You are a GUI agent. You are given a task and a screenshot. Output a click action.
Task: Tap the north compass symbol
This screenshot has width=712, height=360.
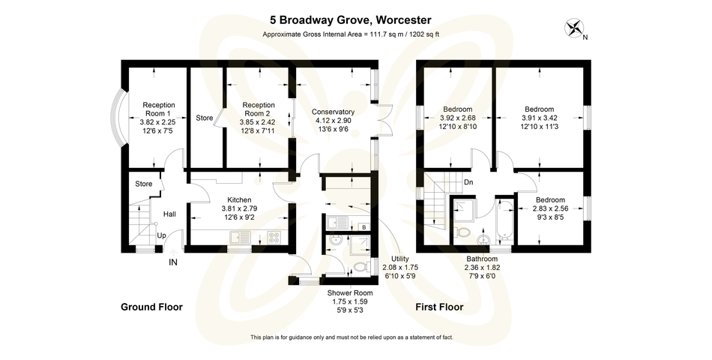click(x=574, y=29)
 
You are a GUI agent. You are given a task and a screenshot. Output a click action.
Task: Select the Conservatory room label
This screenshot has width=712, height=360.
click(x=333, y=112)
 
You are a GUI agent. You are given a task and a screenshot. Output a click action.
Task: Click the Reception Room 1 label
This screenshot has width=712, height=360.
click(x=158, y=104)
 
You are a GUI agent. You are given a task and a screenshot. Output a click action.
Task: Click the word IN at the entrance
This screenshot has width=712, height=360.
click(x=173, y=262)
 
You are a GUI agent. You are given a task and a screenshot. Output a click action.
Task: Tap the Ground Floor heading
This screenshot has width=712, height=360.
click(x=152, y=307)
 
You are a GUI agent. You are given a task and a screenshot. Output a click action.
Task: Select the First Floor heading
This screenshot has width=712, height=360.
click(x=439, y=307)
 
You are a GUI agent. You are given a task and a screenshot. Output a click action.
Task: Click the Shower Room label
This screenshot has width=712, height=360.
click(x=350, y=292)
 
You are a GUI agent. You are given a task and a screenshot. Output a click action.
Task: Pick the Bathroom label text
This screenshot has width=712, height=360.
click(x=483, y=259)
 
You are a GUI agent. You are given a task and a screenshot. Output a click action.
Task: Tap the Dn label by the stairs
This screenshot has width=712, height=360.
click(x=468, y=182)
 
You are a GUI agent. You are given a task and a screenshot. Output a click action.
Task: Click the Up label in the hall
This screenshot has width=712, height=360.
click(x=161, y=235)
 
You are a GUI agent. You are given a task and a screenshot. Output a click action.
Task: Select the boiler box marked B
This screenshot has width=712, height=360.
click(x=363, y=226)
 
